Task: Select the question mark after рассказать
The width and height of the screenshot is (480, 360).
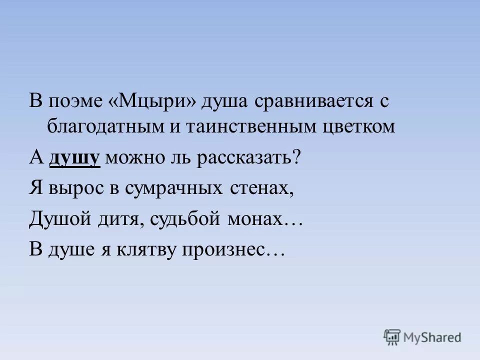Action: click(296, 158)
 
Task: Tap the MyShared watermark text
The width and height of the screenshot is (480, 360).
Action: click(432, 338)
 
